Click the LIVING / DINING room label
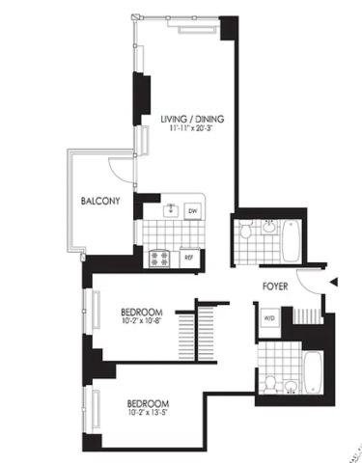192,119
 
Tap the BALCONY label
100,201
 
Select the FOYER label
275,286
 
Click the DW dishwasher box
193,211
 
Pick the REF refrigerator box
189,258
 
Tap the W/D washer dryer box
269,318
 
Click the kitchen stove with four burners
159,259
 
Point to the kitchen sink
171,210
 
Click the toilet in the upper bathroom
246,230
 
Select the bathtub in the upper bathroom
292,240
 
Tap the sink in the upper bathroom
268,227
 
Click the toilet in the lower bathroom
270,385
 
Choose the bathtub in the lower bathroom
313,372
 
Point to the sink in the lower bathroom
292,387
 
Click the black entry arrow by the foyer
334,282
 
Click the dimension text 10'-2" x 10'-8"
141,320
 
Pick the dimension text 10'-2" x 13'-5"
148,412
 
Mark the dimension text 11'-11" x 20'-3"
192,128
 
